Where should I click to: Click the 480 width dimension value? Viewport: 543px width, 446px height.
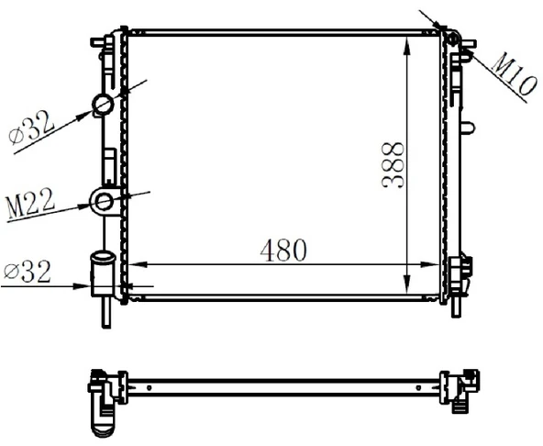coord(283,250)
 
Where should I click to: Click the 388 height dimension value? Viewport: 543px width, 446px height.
coord(393,164)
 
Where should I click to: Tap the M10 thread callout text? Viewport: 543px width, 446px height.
coord(514,75)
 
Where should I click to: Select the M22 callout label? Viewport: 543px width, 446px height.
coord(30,205)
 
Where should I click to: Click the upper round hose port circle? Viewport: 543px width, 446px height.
coord(103,105)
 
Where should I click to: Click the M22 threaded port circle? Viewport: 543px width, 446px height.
coord(104,202)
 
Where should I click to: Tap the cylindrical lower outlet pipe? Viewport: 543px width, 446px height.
coord(102,274)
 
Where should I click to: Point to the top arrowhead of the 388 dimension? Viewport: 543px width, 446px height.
coord(407,47)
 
